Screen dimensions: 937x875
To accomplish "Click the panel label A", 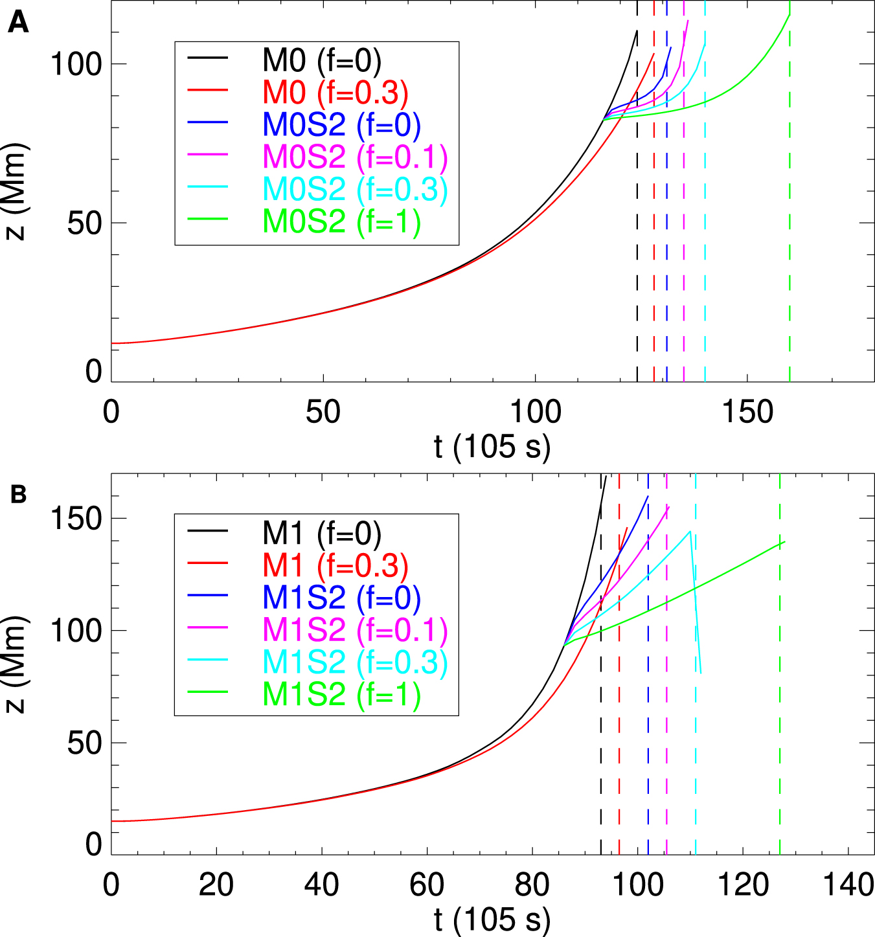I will (18, 24).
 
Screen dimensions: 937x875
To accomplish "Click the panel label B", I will (18, 495).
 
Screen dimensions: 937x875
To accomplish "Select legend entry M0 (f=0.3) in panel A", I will (335, 93).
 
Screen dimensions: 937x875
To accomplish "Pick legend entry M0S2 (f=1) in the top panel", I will (341, 221).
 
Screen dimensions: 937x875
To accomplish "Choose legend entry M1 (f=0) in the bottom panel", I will (321, 533).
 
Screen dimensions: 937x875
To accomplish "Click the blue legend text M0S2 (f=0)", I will (341, 125).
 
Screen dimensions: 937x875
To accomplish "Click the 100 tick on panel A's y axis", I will (76, 64).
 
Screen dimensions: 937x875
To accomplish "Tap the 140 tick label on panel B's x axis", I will (848, 885).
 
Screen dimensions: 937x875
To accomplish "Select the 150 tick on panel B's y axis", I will (76, 518).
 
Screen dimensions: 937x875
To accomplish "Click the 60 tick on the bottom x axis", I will (427, 885).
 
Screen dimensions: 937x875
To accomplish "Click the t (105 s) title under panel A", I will (492, 447).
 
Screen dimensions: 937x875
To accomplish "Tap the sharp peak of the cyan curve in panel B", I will (690, 532).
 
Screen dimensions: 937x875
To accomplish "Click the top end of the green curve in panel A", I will (790, 15).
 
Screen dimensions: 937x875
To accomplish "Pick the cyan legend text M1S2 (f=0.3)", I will (354, 661).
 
